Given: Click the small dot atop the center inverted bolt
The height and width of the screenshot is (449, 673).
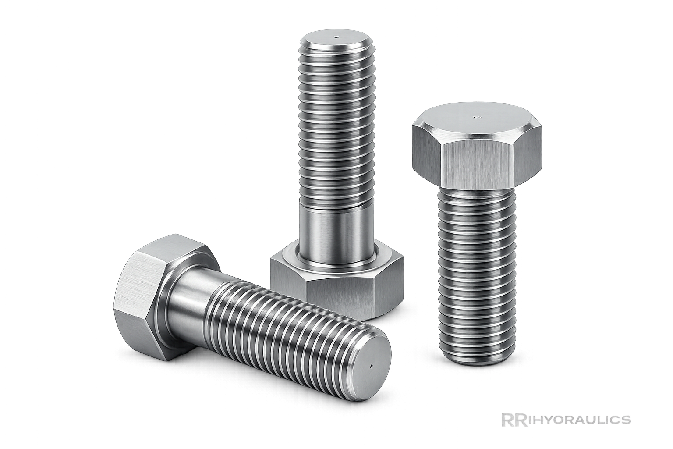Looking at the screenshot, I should click(336, 37).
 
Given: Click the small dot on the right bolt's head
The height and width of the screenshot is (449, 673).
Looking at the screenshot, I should click(477, 117).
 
